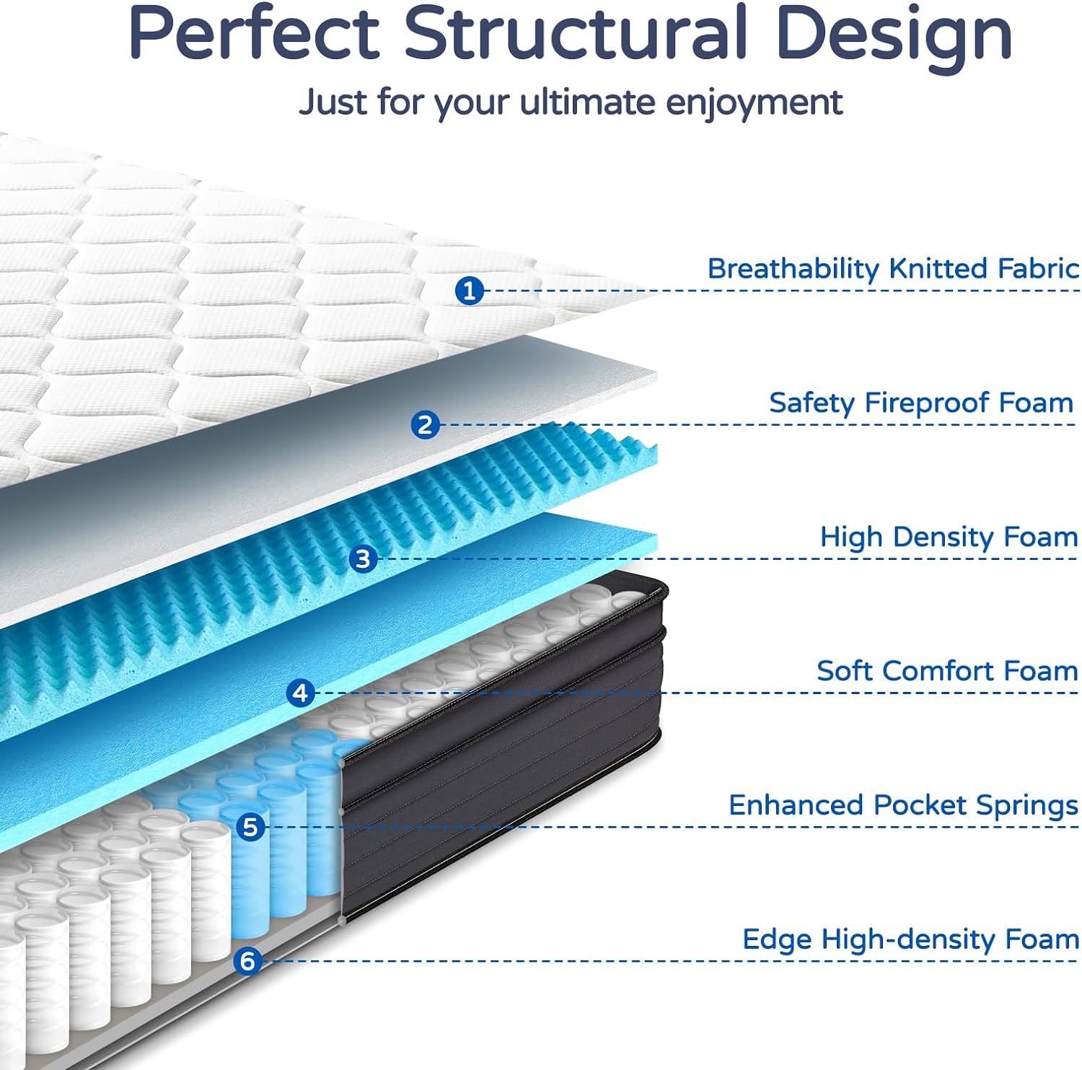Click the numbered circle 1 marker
pyautogui.click(x=469, y=291)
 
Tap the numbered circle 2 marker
pyautogui.click(x=425, y=425)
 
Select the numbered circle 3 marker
pyautogui.click(x=363, y=558)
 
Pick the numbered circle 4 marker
pyautogui.click(x=300, y=693)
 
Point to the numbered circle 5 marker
pyautogui.click(x=250, y=827)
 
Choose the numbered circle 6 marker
pyautogui.click(x=247, y=960)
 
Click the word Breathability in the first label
pyautogui.click(x=793, y=269)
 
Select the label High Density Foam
pyautogui.click(x=949, y=537)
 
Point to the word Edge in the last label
pyautogui.click(x=777, y=940)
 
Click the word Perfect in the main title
pyautogui.click(x=254, y=34)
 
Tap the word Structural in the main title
pyautogui.click(x=574, y=34)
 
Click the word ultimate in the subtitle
pyautogui.click(x=587, y=102)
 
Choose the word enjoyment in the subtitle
pyautogui.click(x=753, y=103)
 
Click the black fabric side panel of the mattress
pyautogui.click(x=505, y=758)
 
